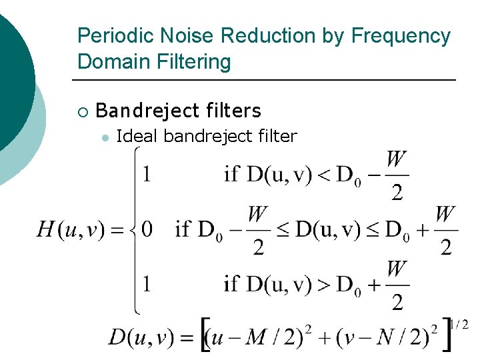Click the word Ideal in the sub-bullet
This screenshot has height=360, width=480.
pyautogui.click(x=137, y=137)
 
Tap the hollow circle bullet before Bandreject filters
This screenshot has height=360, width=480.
pyautogui.click(x=82, y=111)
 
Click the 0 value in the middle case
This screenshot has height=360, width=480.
pyautogui.click(x=147, y=230)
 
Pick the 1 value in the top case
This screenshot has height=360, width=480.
pyautogui.click(x=147, y=175)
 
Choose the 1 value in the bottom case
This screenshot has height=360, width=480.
pyautogui.click(x=147, y=285)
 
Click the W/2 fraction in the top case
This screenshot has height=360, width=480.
pyautogui.click(x=397, y=176)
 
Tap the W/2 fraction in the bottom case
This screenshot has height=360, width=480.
pyautogui.click(x=397, y=285)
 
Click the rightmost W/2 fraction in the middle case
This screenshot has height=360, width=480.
pyautogui.click(x=445, y=231)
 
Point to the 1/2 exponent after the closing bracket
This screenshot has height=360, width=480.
pyautogui.click(x=459, y=325)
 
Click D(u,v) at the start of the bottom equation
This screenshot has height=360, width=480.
pyautogui.click(x=141, y=337)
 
